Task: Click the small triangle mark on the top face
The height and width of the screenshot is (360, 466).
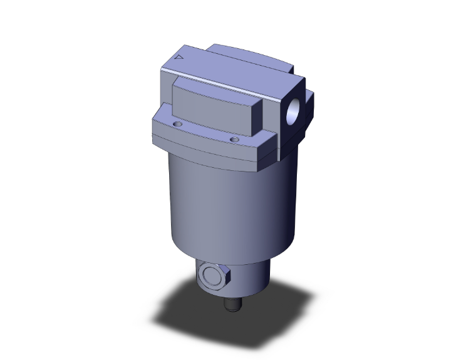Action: [180, 58]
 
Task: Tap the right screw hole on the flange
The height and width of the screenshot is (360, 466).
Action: [234, 139]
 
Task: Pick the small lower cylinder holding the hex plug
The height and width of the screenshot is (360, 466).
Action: [251, 279]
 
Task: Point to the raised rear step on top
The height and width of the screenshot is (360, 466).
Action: [251, 53]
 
